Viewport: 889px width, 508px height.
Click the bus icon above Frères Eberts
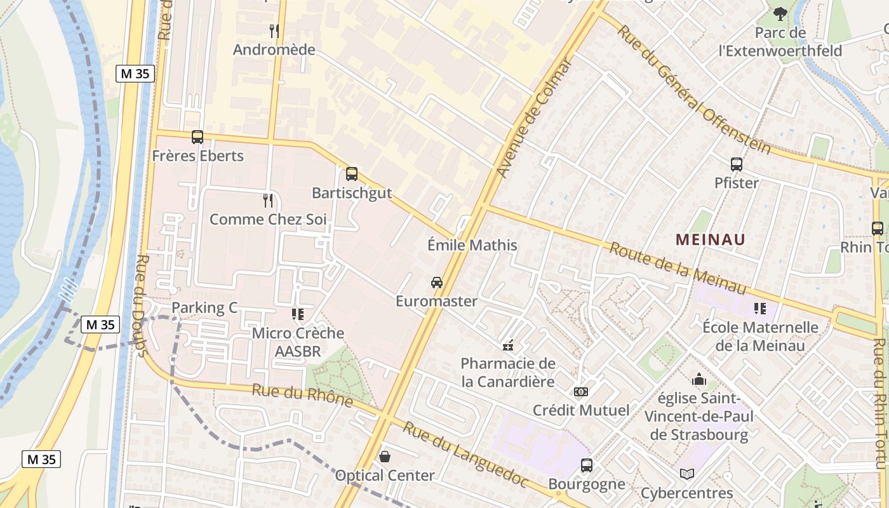[197, 137]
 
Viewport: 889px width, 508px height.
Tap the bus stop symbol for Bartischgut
[352, 174]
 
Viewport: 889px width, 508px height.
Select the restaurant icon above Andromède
[274, 31]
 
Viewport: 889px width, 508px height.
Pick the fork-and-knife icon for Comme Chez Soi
[268, 201]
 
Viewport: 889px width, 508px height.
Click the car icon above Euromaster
[437, 283]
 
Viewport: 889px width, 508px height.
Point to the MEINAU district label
[710, 239]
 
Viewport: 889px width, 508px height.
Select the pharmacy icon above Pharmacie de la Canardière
[508, 345]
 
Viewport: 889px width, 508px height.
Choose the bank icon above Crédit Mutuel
[581, 392]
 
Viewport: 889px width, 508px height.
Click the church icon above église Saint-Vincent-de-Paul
[699, 380]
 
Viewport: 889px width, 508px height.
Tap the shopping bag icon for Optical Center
[385, 457]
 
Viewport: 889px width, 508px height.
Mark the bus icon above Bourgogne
[587, 465]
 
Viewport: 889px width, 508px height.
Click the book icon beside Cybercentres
[686, 474]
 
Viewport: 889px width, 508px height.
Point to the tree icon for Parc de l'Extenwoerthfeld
[780, 13]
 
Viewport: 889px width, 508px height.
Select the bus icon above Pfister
[737, 164]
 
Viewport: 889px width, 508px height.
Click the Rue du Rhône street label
[302, 395]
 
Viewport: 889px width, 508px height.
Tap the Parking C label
[204, 308]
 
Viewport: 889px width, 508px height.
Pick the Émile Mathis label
[472, 245]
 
